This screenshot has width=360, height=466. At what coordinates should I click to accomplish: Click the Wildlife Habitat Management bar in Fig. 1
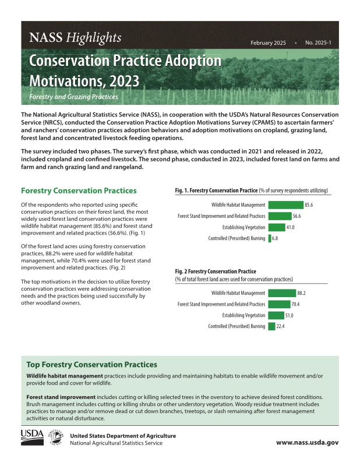coord(285,204)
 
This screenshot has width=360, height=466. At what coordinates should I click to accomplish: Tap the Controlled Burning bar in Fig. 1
coord(270,238)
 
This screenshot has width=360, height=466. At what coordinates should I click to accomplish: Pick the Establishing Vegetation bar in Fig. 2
coord(276,315)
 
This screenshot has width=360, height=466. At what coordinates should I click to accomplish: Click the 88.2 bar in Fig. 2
coord(281,293)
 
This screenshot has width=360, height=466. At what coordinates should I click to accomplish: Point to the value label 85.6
coord(309,204)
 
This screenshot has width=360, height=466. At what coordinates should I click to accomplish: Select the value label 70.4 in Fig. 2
coord(296,304)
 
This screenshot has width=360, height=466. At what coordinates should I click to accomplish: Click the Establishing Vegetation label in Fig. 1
coord(244,227)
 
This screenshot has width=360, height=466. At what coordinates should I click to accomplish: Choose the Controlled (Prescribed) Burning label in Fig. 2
coord(237,326)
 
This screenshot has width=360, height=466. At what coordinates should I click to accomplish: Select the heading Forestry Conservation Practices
coord(79,190)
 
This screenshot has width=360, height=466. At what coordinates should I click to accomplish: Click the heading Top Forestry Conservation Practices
coord(92,365)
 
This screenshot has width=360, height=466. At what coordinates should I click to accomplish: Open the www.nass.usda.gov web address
coord(307,442)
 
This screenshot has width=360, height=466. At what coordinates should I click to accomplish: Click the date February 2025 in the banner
coord(268,44)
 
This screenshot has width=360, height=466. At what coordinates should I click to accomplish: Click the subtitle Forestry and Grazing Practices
coord(73,96)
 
